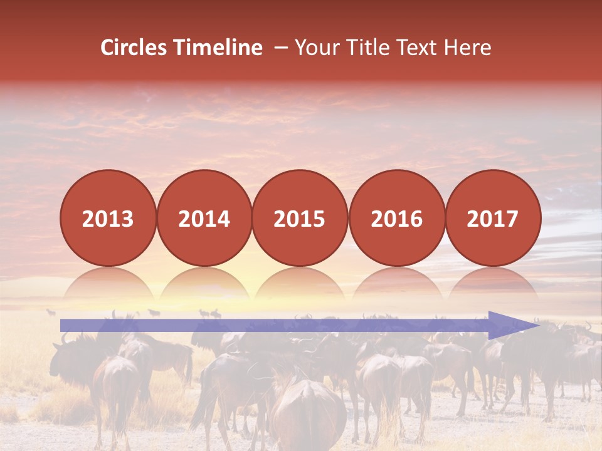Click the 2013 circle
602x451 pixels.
108,218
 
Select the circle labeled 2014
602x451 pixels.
204,218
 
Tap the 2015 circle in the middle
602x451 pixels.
300,218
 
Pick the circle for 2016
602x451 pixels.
396,218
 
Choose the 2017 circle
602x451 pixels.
493,218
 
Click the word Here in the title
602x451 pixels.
467,48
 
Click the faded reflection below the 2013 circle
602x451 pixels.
108,286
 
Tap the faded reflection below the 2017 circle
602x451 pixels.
493,286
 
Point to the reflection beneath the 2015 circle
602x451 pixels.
300,286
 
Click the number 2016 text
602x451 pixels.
396,219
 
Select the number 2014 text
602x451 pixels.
204,219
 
